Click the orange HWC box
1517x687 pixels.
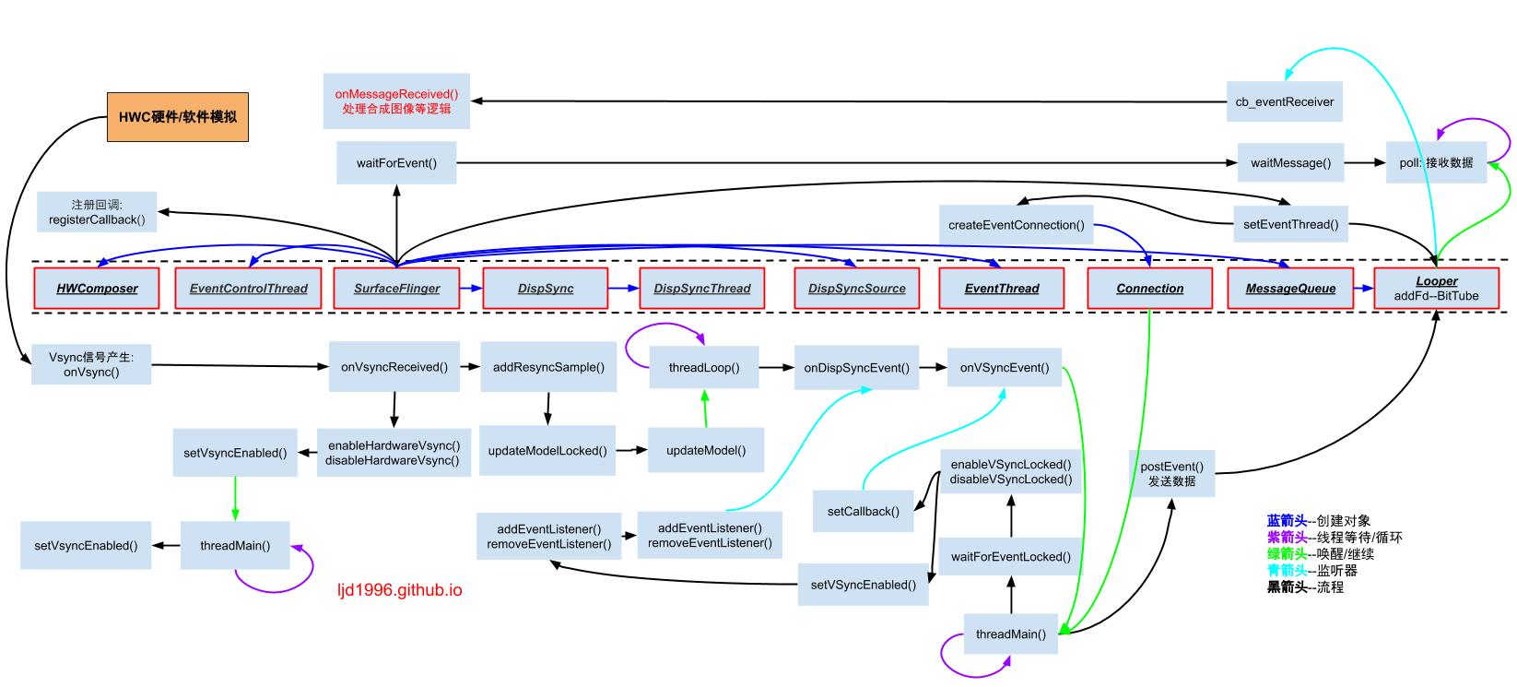pyautogui.click(x=178, y=117)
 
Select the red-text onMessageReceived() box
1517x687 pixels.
pyautogui.click(x=396, y=101)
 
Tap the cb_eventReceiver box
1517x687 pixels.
pyautogui.click(x=1284, y=101)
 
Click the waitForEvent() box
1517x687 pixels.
pyautogui.click(x=396, y=162)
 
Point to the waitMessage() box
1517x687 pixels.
pyautogui.click(x=1290, y=162)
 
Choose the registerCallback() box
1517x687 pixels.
pyautogui.click(x=97, y=212)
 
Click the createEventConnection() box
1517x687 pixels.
pyautogui.click(x=1016, y=225)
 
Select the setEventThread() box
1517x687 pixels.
pyautogui.click(x=1291, y=224)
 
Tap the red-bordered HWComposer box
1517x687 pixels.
pyautogui.click(x=97, y=289)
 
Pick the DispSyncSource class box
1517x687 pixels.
pyautogui.click(x=857, y=289)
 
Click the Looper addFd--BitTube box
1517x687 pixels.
pyautogui.click(x=1437, y=289)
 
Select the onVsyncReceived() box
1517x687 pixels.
pyautogui.click(x=394, y=367)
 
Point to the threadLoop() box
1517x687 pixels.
pyautogui.click(x=703, y=368)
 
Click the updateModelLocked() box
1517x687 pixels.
pyautogui.click(x=547, y=451)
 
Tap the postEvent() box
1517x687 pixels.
pyautogui.click(x=1171, y=474)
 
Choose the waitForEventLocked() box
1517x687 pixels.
pyautogui.click(x=1010, y=557)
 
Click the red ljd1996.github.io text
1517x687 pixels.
pyautogui.click(x=400, y=590)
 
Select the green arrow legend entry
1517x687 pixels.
pyautogui.click(x=1321, y=554)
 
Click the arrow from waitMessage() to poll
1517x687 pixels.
pyautogui.click(x=1364, y=162)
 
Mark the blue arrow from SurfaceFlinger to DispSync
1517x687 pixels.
pyautogui.click(x=471, y=289)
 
